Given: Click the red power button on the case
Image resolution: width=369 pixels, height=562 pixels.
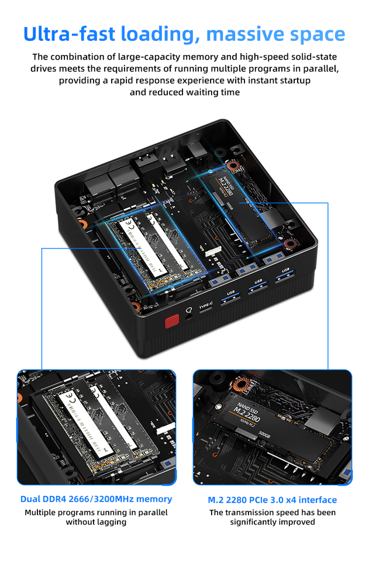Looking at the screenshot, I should click(x=171, y=321).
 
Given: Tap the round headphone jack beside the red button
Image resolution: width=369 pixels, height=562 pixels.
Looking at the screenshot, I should click(x=189, y=317).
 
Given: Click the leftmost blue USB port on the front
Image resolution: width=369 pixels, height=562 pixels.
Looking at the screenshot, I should click(x=230, y=301).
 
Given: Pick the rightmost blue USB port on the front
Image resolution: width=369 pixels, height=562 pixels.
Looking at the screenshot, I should click(x=285, y=278).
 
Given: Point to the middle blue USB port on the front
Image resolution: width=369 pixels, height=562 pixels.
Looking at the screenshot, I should click(x=258, y=290).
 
